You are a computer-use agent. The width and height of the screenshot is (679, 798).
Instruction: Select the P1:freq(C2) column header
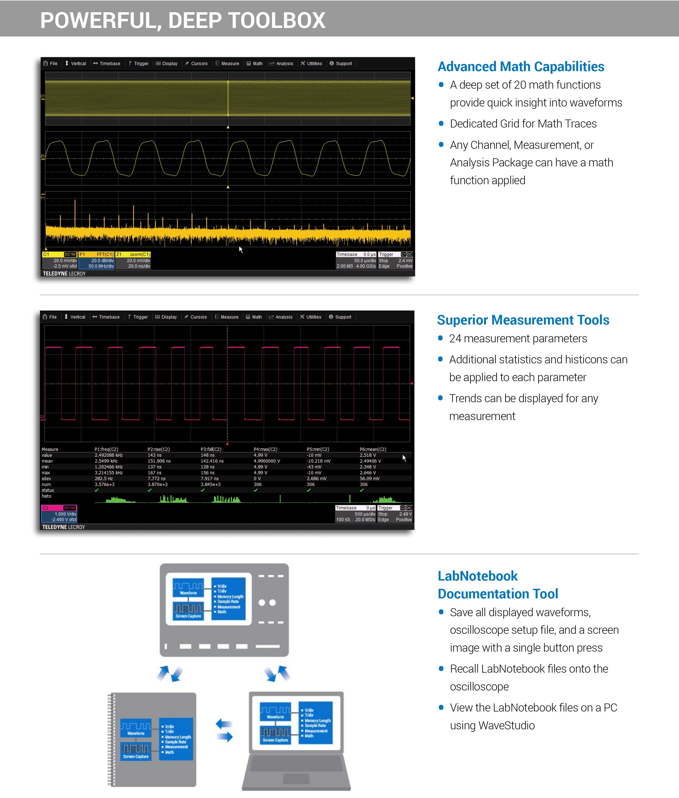point(106,449)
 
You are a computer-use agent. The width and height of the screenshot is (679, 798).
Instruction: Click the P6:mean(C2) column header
point(373,449)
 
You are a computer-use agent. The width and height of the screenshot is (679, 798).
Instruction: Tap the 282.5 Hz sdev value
point(104,479)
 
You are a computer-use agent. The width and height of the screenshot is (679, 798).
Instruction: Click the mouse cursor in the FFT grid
point(240,249)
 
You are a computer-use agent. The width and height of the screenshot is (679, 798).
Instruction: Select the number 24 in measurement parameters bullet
point(455,339)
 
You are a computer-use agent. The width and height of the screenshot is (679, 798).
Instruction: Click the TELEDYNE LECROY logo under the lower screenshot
point(64,527)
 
